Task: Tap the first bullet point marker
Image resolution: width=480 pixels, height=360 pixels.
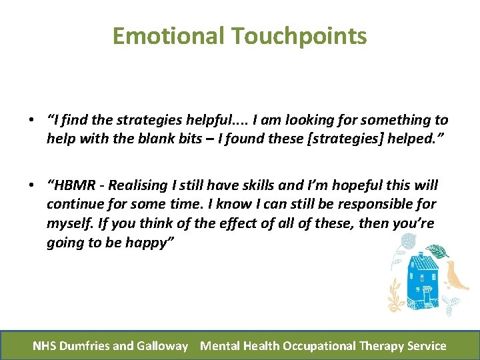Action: [32, 121]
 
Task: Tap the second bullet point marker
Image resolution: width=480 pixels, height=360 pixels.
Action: [32, 185]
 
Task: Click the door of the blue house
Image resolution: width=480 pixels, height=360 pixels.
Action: [425, 294]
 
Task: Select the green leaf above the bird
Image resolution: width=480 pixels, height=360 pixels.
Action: [438, 251]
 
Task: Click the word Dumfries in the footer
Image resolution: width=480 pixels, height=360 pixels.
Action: [85, 345]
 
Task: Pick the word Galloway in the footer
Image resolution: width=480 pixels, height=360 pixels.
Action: [163, 345]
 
